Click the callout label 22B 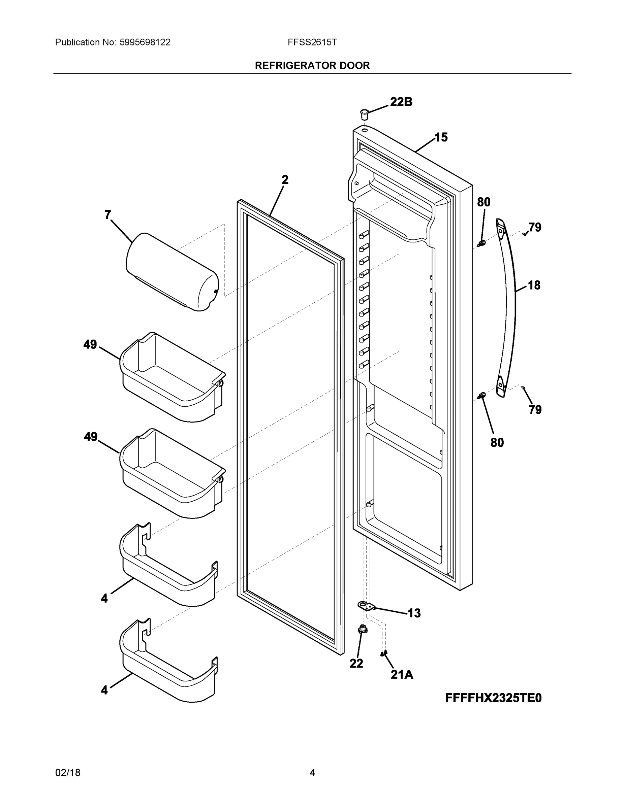point(401,102)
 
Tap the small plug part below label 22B point(364,113)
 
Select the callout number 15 point(441,137)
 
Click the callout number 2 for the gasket point(285,180)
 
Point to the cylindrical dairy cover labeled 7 point(172,272)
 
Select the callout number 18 point(534,285)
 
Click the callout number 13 point(414,613)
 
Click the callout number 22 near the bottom point(356,664)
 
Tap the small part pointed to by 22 point(363,629)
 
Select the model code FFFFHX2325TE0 point(493,698)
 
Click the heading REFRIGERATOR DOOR point(312,66)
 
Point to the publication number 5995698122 point(145,42)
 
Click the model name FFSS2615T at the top point(312,42)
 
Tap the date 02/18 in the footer point(68,773)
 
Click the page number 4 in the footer point(312,773)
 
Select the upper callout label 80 point(483,202)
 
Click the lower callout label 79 point(535,409)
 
